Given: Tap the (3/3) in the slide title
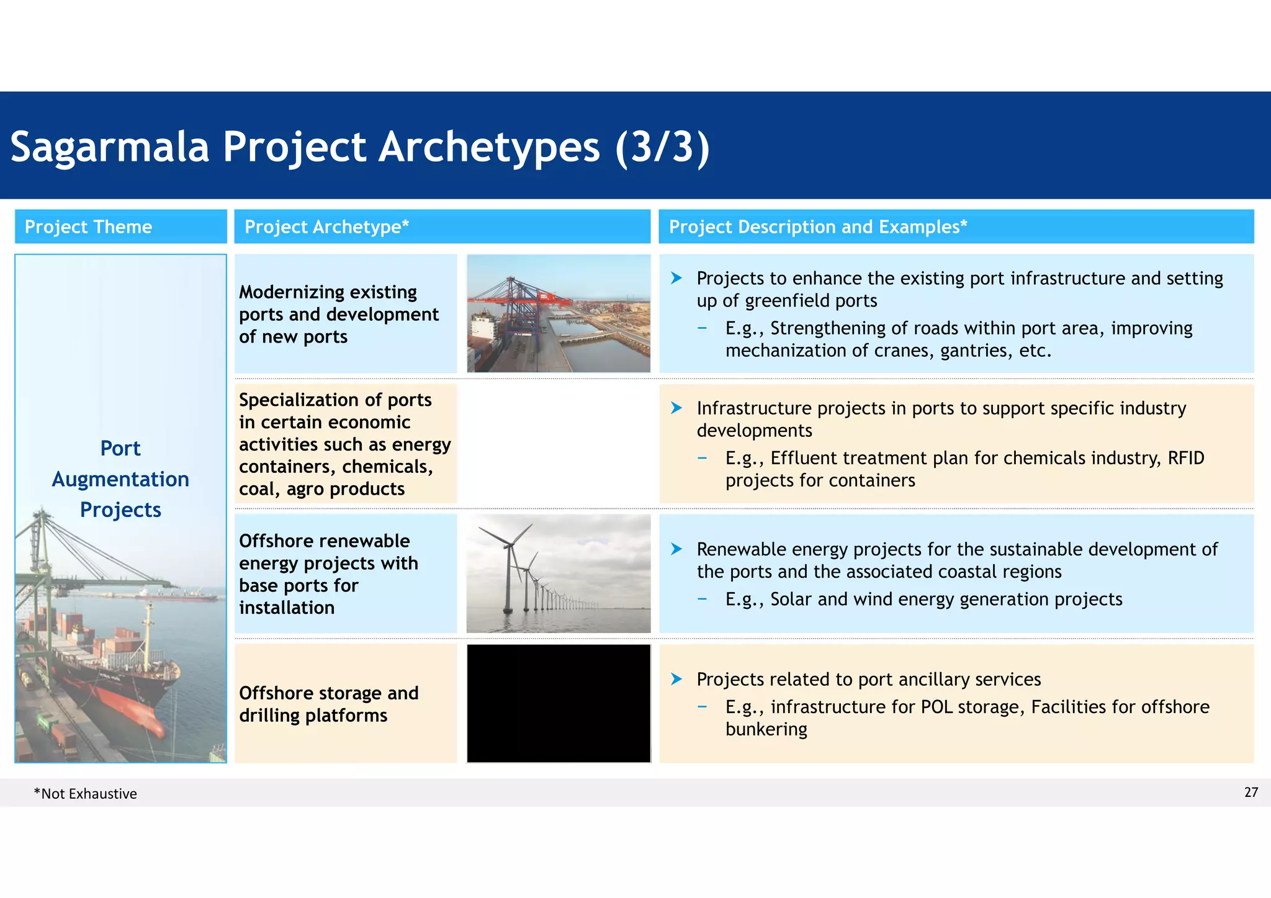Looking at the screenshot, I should point(662,147).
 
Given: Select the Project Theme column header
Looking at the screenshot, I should point(88,227).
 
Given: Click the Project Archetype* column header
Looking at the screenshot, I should point(326,227).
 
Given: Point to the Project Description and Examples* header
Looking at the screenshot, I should point(817,227).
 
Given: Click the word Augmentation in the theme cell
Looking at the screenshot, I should point(120,479).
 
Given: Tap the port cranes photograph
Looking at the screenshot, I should point(558,313).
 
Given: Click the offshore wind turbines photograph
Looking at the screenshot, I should point(558,573).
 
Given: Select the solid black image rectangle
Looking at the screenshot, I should point(558,703).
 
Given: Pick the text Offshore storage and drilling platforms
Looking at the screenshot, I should point(328,704).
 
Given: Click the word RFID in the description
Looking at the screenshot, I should point(1185,458).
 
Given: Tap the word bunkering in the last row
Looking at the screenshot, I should point(766,729).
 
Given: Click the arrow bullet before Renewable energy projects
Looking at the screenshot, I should point(676,549).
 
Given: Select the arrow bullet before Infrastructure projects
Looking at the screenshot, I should point(676,408).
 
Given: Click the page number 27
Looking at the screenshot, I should point(1251,792).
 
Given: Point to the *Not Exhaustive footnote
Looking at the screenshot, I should point(85,794).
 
